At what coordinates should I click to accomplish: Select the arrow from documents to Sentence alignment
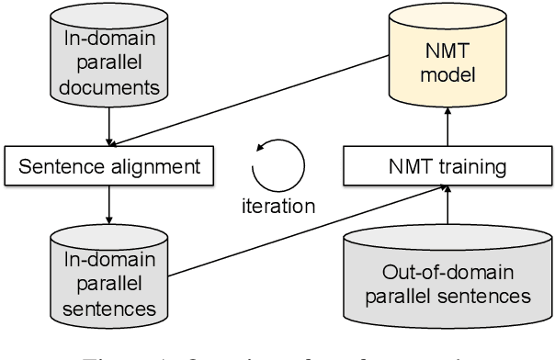[108, 123]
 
